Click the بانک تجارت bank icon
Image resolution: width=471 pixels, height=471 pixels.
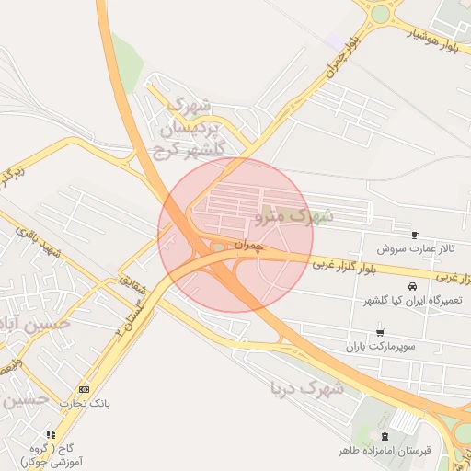coord(85,388)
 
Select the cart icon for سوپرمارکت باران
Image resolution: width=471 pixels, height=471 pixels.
coord(380,332)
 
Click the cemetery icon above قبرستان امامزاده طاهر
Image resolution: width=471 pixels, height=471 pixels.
coord(384,436)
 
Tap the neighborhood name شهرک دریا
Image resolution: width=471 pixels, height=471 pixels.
coord(306,387)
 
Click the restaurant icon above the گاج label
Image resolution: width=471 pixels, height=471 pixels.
coord(51,434)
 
